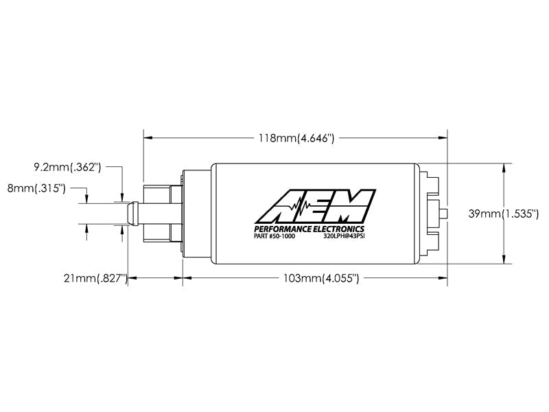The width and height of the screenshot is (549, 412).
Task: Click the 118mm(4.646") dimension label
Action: click(x=296, y=138)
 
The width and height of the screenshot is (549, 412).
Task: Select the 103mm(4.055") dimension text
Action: click(x=321, y=278)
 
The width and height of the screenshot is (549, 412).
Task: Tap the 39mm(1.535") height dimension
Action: click(x=504, y=214)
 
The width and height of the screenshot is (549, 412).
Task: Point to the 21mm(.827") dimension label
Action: click(x=95, y=278)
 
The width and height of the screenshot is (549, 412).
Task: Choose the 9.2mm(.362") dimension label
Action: click(x=67, y=167)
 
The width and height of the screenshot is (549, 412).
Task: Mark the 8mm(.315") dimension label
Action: click(x=36, y=188)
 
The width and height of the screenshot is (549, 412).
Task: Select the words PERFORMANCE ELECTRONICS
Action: click(x=309, y=229)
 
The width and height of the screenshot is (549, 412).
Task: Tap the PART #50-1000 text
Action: click(x=274, y=236)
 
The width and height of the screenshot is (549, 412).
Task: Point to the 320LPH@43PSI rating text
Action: click(x=344, y=236)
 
